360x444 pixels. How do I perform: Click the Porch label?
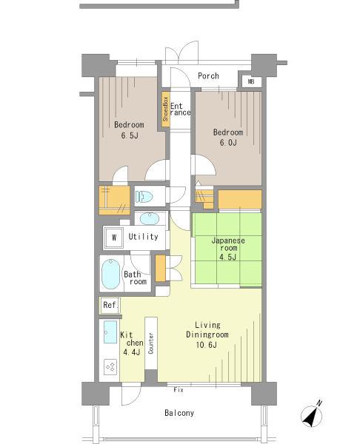208,76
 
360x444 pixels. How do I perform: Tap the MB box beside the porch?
250,81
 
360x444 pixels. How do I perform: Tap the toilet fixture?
144,197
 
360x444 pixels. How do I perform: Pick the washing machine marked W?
115,238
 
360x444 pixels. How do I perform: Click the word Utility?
143,237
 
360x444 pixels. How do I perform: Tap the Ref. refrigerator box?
109,305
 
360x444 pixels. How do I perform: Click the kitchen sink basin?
111,332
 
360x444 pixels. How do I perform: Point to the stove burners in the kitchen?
111,366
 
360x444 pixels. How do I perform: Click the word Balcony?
179,413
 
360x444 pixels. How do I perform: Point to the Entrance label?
180,109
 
